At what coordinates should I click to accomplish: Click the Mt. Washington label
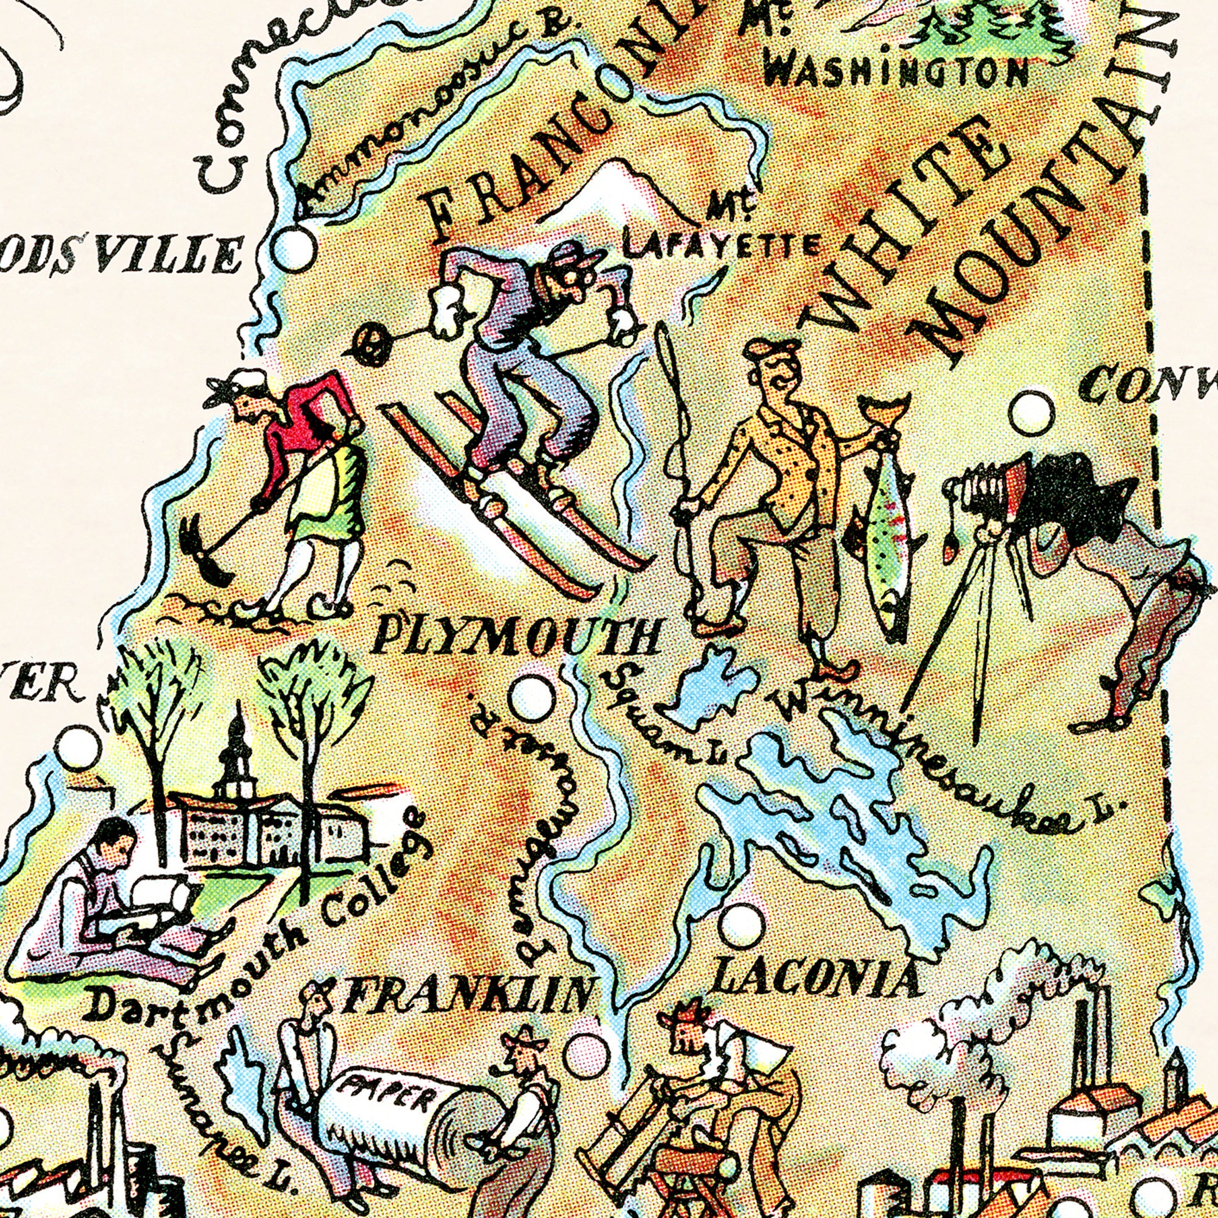tap(895, 69)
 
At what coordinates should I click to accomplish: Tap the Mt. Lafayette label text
tap(719, 236)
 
